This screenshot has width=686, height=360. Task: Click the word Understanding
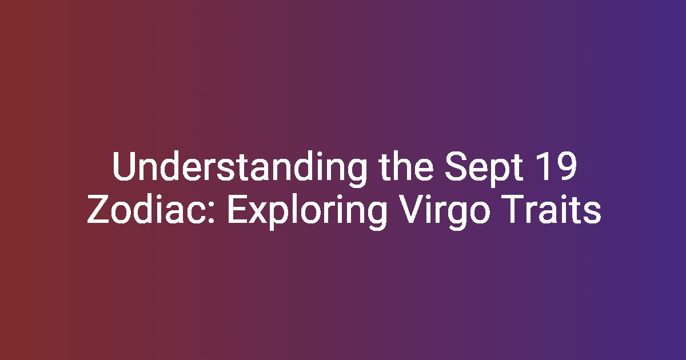tap(240, 168)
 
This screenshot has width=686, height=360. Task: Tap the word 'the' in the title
tap(406, 166)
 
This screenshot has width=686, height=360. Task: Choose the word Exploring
tap(307, 212)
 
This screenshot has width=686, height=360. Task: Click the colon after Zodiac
tap(211, 212)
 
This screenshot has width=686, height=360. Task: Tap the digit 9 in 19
tap(567, 166)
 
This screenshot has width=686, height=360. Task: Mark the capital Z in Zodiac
tap(98, 209)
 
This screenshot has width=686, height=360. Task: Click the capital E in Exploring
tap(238, 209)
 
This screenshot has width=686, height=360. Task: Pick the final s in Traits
tap(593, 213)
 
